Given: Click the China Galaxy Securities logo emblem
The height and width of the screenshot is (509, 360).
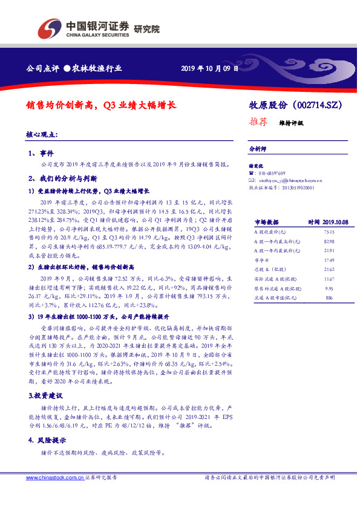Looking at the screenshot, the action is coord(50,28).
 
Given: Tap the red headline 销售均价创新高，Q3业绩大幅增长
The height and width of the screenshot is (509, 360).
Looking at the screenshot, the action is coord(102,104).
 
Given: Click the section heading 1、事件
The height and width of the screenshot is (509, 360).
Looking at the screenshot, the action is coord(41,154).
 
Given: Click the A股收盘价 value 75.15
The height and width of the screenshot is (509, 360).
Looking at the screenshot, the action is coord(329,232).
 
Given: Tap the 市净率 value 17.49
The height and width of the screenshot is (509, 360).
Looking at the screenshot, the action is coord(329,259).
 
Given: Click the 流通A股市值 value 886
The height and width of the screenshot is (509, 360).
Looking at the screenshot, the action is coord(329,298).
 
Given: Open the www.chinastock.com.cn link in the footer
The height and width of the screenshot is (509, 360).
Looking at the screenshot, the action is coord(55,478).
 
